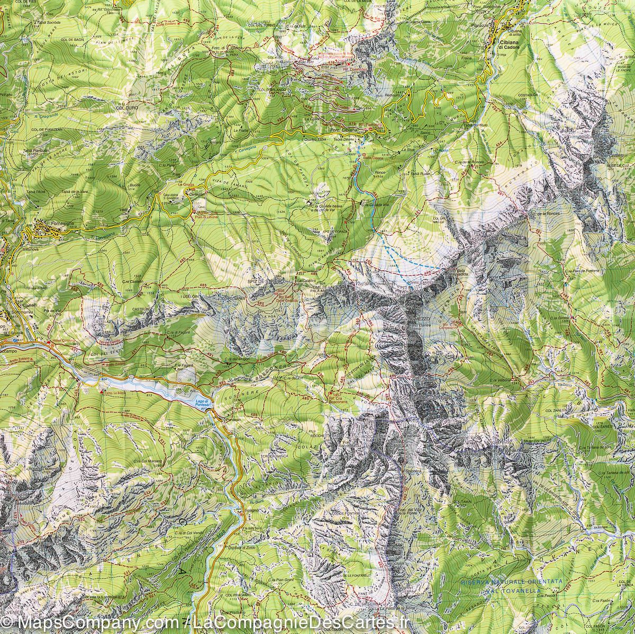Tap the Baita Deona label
[x=373, y=157]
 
